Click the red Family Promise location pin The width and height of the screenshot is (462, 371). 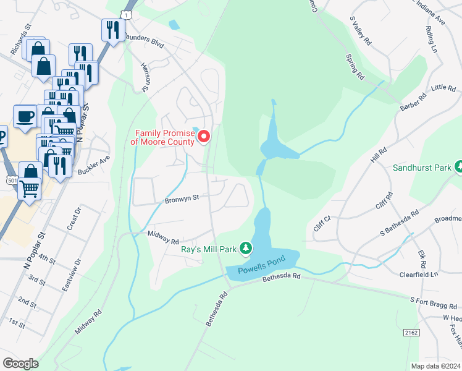coord(202,135)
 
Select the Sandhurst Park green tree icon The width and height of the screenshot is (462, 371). coord(458,167)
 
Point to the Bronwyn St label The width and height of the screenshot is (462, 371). coord(181,199)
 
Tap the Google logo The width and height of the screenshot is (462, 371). coord(20,363)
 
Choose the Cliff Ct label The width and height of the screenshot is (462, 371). coord(322,223)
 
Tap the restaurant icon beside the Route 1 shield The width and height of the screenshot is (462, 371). coord(112,30)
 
